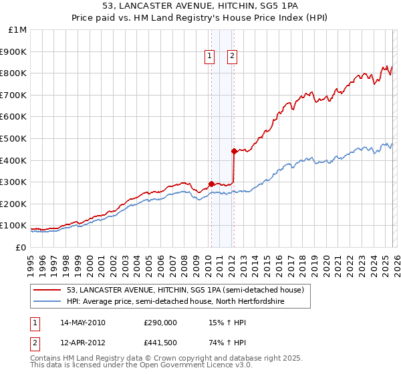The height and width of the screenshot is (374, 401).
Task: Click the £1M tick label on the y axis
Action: (18, 30)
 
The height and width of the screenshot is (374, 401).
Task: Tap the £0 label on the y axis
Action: (21, 247)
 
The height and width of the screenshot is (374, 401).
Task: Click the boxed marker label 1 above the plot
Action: (210, 57)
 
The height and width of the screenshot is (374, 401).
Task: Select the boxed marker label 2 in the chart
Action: (232, 57)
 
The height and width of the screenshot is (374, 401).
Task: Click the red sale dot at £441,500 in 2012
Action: (234, 151)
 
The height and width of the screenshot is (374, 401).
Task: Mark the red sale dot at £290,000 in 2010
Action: (211, 184)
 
